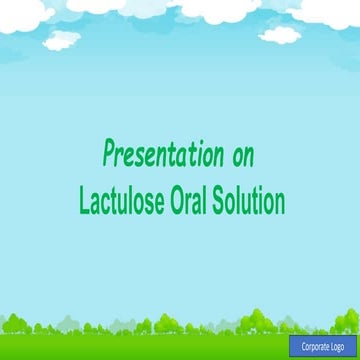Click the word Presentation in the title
tap(162, 155)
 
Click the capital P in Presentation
tap(109, 155)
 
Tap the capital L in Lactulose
tap(84, 201)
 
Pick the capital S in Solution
tap(229, 201)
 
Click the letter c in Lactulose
tap(104, 203)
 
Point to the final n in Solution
tap(280, 203)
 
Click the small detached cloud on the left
tap(63, 40)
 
